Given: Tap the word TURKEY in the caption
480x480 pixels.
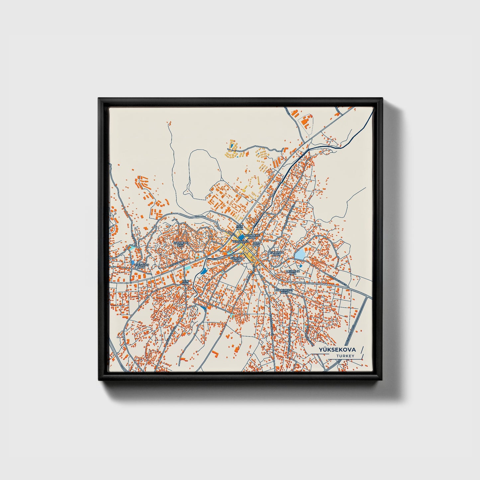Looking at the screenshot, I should (345, 356).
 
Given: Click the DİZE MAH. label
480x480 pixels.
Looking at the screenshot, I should (256, 244).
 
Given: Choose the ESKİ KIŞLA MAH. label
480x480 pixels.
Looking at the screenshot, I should (276, 253).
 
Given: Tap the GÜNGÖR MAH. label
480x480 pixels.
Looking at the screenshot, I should (237, 259).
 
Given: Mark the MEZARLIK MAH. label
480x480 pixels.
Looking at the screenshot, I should (293, 272).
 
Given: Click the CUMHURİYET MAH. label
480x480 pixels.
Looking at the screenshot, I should (284, 291).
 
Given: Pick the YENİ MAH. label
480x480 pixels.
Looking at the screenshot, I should (185, 282).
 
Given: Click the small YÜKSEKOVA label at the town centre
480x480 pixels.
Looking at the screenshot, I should (241, 242).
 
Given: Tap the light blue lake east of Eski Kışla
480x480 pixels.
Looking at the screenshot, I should (300, 255).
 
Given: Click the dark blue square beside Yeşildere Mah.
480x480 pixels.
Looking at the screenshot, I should (241, 237).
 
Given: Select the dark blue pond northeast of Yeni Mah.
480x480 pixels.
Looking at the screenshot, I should (203, 271).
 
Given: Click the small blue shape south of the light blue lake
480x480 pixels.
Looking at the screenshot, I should (301, 266).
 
